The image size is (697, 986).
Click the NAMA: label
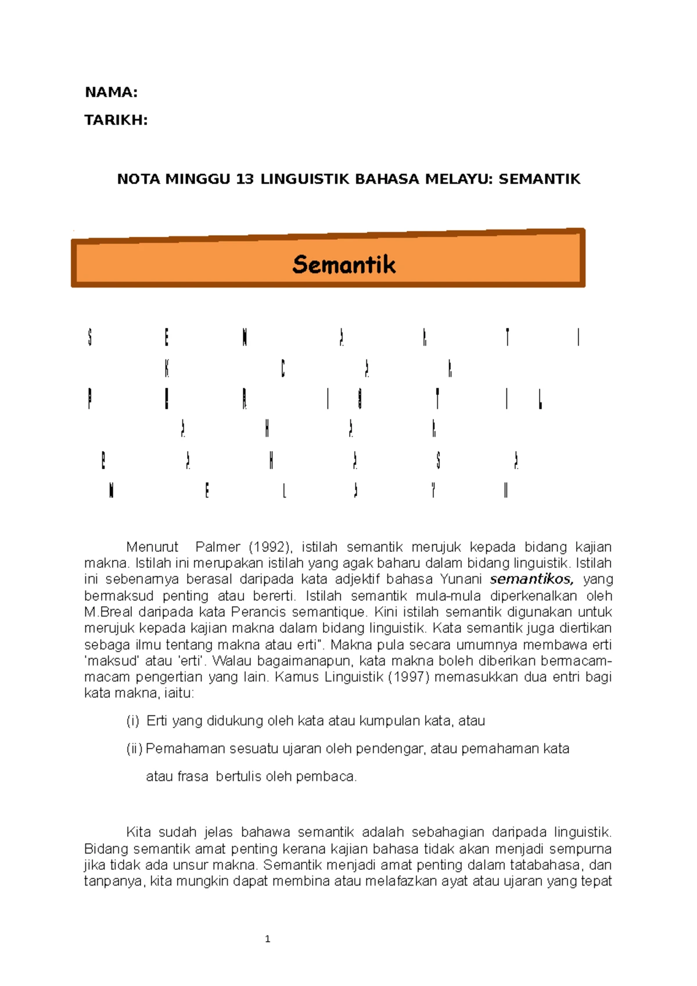pyautogui.click(x=111, y=92)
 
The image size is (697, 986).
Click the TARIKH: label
pyautogui.click(x=116, y=120)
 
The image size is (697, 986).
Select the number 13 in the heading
pyautogui.click(x=245, y=179)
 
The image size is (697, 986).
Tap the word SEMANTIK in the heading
pyautogui.click(x=539, y=179)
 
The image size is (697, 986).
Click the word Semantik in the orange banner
pyautogui.click(x=344, y=265)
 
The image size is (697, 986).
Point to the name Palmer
pyautogui.click(x=218, y=547)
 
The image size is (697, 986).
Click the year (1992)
pyautogui.click(x=271, y=547)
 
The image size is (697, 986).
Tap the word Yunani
pyautogui.click(x=461, y=580)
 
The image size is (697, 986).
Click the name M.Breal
pyautogui.click(x=108, y=612)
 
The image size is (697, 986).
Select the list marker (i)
pyautogui.click(x=133, y=721)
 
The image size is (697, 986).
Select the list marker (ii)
pyautogui.click(x=135, y=749)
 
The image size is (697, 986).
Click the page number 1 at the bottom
pyautogui.click(x=267, y=939)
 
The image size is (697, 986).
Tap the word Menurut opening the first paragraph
pyautogui.click(x=153, y=547)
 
